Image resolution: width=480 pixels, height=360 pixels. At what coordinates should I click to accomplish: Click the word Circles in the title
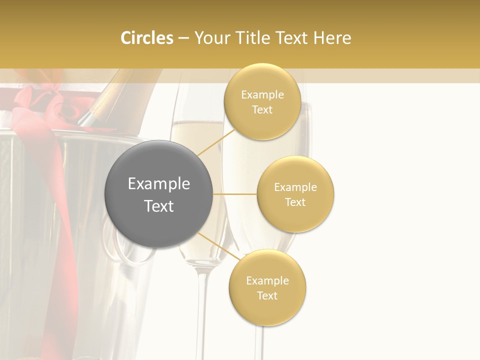pos(146,38)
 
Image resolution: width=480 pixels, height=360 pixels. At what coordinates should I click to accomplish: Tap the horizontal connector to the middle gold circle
pos(235,194)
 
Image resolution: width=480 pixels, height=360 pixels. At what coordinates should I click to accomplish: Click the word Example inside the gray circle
pos(159,184)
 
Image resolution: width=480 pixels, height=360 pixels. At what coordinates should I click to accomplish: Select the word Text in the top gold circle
pos(262,110)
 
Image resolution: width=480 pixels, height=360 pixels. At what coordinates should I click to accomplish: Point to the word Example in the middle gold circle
pos(295,187)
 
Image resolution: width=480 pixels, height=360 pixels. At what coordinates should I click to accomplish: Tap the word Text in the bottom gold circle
pos(267,295)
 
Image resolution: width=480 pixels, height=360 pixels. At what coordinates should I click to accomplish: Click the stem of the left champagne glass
pos(200,310)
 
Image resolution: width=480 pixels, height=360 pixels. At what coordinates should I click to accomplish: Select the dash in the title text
pos(183,38)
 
